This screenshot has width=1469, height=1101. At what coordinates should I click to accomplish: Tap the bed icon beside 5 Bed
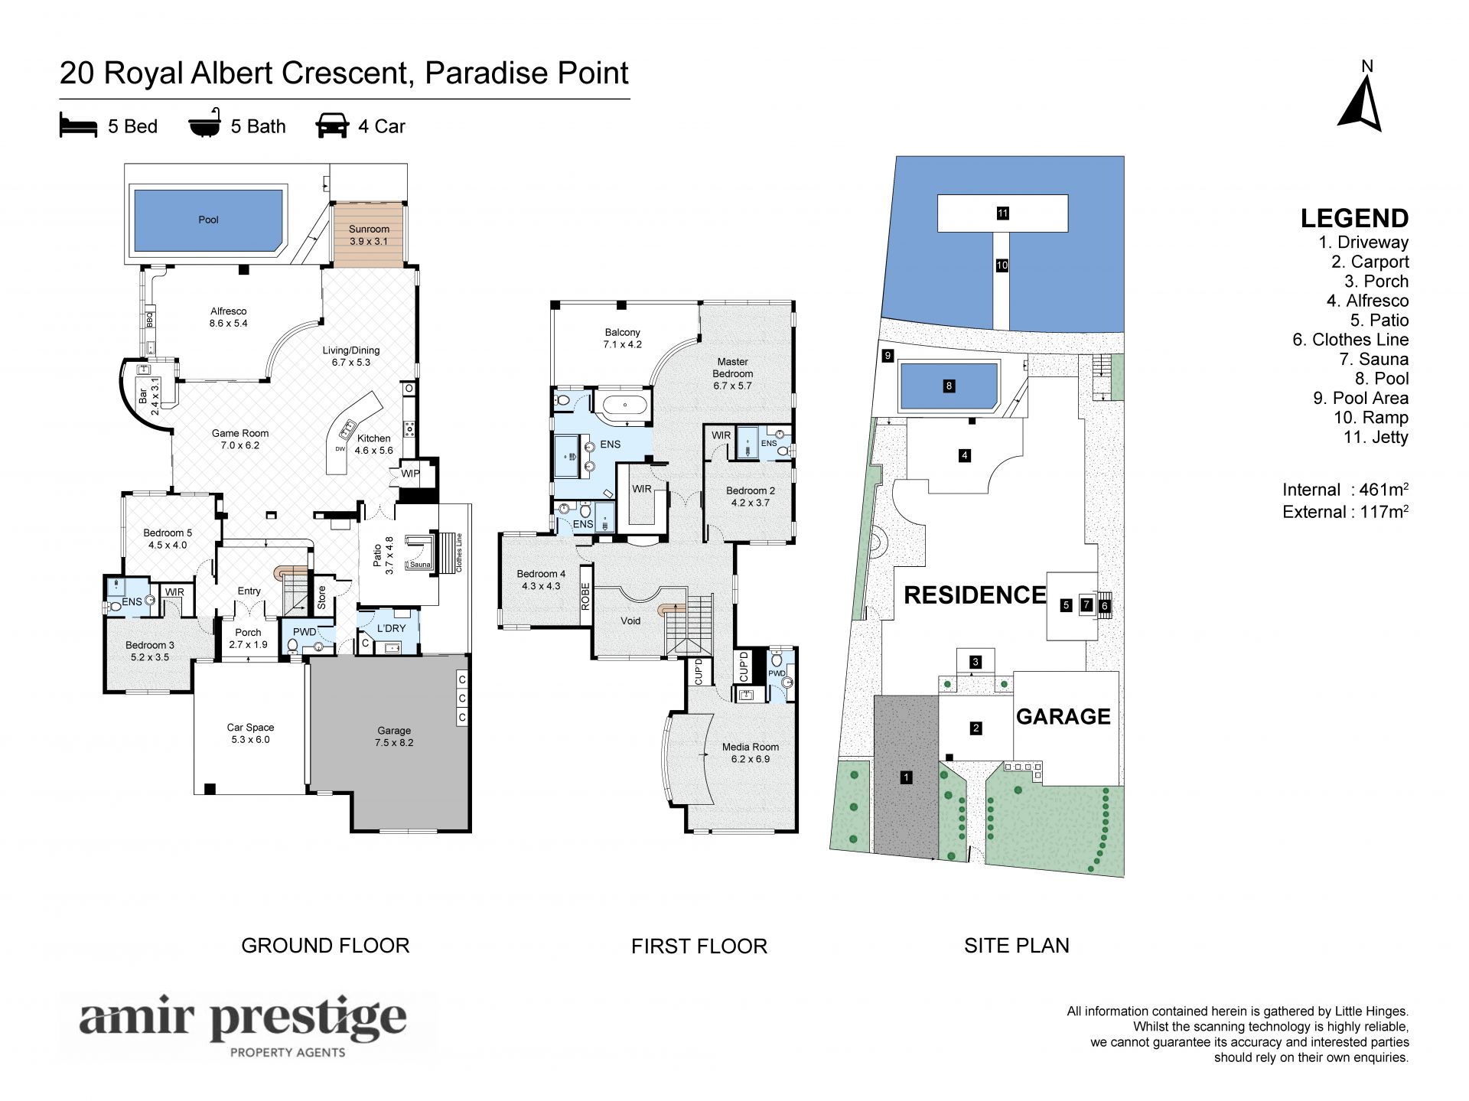tap(78, 126)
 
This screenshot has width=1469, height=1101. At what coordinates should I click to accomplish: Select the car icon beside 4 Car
tap(332, 126)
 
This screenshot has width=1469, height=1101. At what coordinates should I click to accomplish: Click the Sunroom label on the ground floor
tap(369, 229)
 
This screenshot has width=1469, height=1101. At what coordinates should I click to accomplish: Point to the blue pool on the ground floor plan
tap(208, 220)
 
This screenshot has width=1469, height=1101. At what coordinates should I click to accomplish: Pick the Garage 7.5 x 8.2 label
tap(393, 736)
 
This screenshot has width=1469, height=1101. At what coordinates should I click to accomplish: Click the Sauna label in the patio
tap(419, 565)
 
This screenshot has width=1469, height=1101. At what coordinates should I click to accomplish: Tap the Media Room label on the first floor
tap(750, 747)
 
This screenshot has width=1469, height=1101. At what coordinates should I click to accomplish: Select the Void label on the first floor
tap(630, 621)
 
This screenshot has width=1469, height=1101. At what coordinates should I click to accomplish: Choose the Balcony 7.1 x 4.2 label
tap(622, 338)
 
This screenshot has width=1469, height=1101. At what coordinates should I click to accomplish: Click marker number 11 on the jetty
tap(1002, 213)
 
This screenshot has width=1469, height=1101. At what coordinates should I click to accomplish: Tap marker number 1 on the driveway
tap(906, 777)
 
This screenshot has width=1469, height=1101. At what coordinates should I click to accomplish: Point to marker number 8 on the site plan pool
tap(949, 386)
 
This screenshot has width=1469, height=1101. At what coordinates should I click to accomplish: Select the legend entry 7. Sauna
tap(1373, 359)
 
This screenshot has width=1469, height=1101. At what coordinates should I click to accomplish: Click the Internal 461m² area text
tap(1346, 490)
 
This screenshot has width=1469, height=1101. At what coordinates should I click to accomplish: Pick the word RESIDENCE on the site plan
tap(975, 594)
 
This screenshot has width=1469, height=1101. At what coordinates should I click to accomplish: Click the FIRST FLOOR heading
tap(699, 946)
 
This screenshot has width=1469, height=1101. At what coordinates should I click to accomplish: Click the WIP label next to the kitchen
tap(410, 474)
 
